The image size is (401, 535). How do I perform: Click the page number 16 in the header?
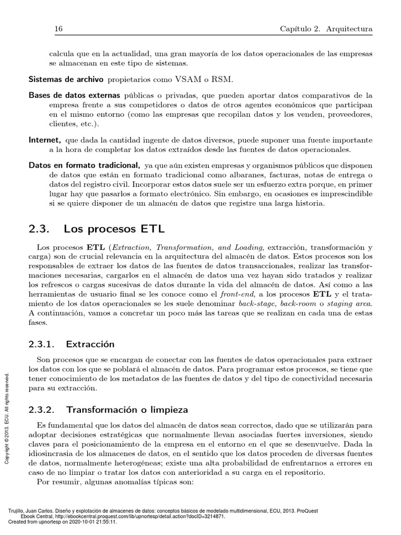[58, 30]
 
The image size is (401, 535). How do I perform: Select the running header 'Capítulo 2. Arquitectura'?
[326, 30]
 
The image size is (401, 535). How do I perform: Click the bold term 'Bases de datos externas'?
[74, 96]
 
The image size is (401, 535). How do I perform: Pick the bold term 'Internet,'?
[45, 140]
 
